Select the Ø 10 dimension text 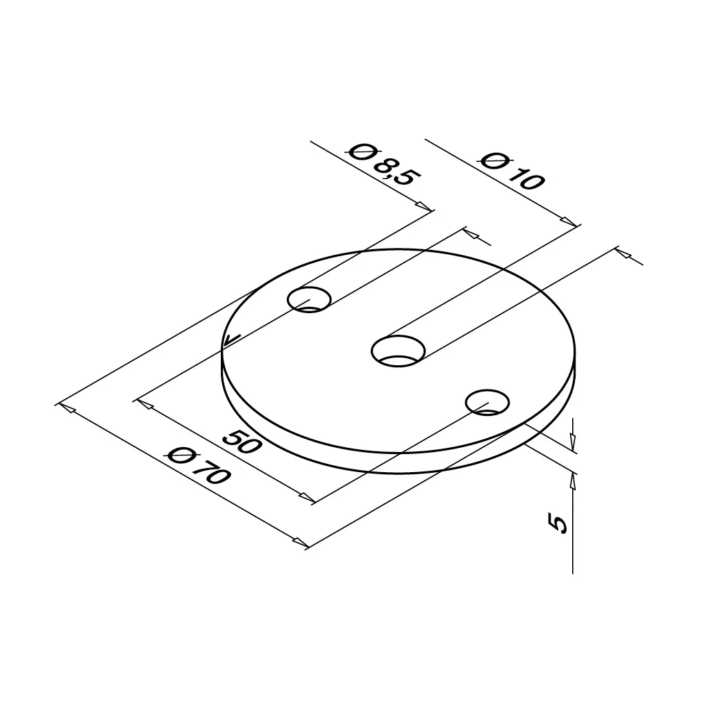tap(511, 171)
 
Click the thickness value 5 tap(558, 523)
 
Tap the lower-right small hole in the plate tap(487, 402)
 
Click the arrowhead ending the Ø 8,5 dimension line tap(424, 206)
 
